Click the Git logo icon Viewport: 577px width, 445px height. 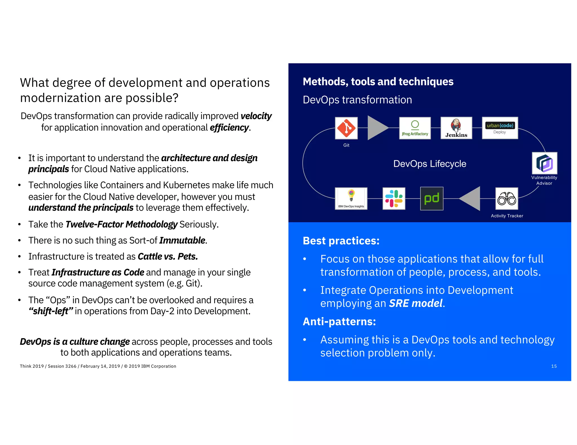click(346, 128)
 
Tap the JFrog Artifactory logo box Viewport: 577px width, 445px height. click(415, 128)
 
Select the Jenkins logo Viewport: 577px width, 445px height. click(456, 128)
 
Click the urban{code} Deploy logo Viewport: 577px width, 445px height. click(500, 128)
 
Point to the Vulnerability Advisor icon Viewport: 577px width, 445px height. click(544, 163)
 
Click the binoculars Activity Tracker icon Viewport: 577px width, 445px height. click(507, 199)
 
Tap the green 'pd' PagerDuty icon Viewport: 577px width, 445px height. click(432, 199)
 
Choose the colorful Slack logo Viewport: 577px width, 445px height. click(394, 199)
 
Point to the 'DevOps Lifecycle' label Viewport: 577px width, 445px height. click(430, 164)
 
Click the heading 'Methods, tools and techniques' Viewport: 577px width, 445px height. click(378, 82)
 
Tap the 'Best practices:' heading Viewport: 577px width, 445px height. click(341, 241)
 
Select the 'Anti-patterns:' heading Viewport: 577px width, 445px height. click(339, 322)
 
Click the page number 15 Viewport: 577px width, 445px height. click(554, 366)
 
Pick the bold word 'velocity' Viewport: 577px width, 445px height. click(256, 116)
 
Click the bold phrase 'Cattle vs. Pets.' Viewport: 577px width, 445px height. click(168, 257)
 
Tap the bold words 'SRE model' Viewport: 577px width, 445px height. click(416, 303)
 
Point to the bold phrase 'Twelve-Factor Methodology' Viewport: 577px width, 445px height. click(121, 224)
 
